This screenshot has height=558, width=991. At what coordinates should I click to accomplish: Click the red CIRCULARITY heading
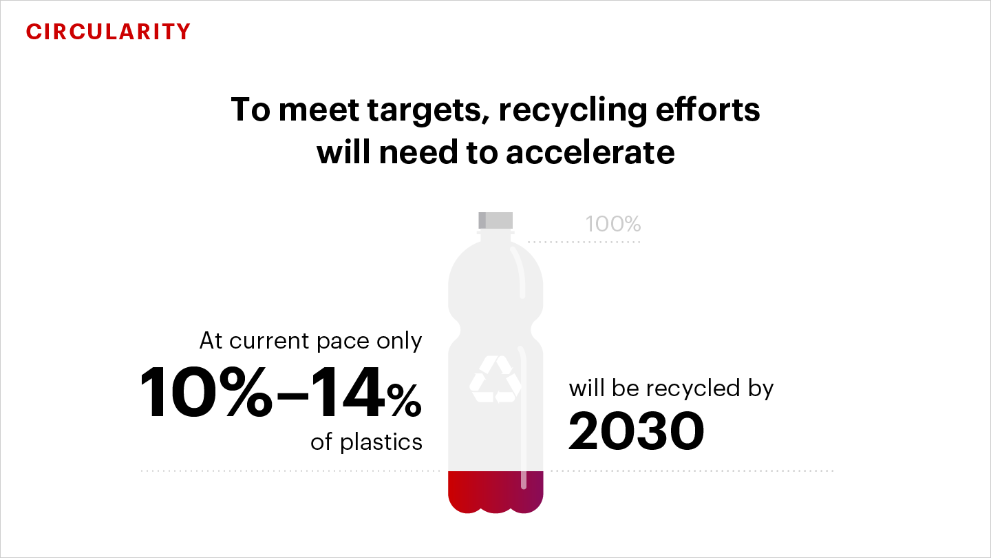[x=108, y=32]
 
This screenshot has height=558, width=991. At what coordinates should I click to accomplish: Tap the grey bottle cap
[x=495, y=220]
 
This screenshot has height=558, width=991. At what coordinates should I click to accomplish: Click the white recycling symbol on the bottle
[x=495, y=379]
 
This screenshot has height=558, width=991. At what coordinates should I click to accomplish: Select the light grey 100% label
[x=612, y=224]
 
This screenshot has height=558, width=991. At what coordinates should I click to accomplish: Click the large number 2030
[x=636, y=431]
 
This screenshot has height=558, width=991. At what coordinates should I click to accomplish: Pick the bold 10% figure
[x=206, y=393]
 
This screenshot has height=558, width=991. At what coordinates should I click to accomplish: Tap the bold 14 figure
[x=348, y=393]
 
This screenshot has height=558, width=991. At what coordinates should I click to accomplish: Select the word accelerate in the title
[x=590, y=152]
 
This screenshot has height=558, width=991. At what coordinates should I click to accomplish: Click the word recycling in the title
[x=573, y=110]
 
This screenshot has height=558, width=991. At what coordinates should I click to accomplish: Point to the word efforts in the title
[x=708, y=110]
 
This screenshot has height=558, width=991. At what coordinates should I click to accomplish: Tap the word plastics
[x=381, y=442]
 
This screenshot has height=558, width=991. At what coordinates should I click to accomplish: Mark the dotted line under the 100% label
[x=584, y=242]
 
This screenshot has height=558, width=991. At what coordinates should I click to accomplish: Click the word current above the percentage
[x=268, y=341]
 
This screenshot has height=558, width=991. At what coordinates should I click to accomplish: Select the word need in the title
[x=418, y=152]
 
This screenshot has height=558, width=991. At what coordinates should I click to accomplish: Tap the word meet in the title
[x=319, y=110]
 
